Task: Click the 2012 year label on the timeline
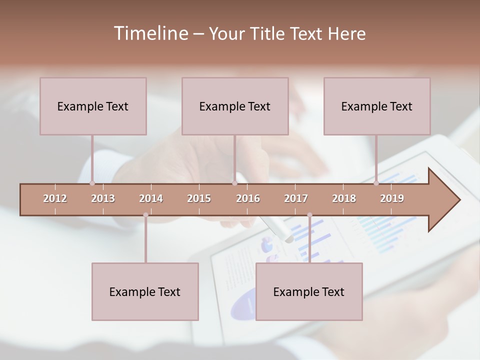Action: [x=55, y=198]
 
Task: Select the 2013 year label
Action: [x=103, y=198]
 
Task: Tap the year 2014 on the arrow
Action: [x=151, y=198]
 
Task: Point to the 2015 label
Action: [x=199, y=198]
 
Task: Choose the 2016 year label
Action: [x=248, y=198]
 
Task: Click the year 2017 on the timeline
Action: [x=296, y=198]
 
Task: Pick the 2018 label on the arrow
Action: [x=344, y=198]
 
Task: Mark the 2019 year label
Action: [x=392, y=198]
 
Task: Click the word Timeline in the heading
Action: [x=150, y=33]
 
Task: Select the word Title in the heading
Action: [x=268, y=33]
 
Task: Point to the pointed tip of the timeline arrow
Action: [x=459, y=200]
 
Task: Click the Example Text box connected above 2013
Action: [x=93, y=106]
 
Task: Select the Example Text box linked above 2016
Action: [x=235, y=106]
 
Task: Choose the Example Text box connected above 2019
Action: [x=377, y=106]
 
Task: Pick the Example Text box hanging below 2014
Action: [x=145, y=291]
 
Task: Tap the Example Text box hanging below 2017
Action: [x=309, y=291]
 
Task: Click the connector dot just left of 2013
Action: [x=92, y=183]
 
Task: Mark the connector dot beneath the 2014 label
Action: [x=145, y=215]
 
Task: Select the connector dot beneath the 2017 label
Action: [x=309, y=215]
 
